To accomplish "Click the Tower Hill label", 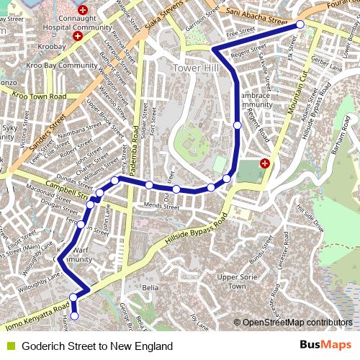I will pos(195,67).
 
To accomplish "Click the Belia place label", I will pos(150,287).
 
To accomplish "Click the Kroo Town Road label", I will pos(39,96).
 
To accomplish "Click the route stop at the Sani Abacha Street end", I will pos(300,24).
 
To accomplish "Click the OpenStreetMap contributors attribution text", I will pos(297,323).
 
